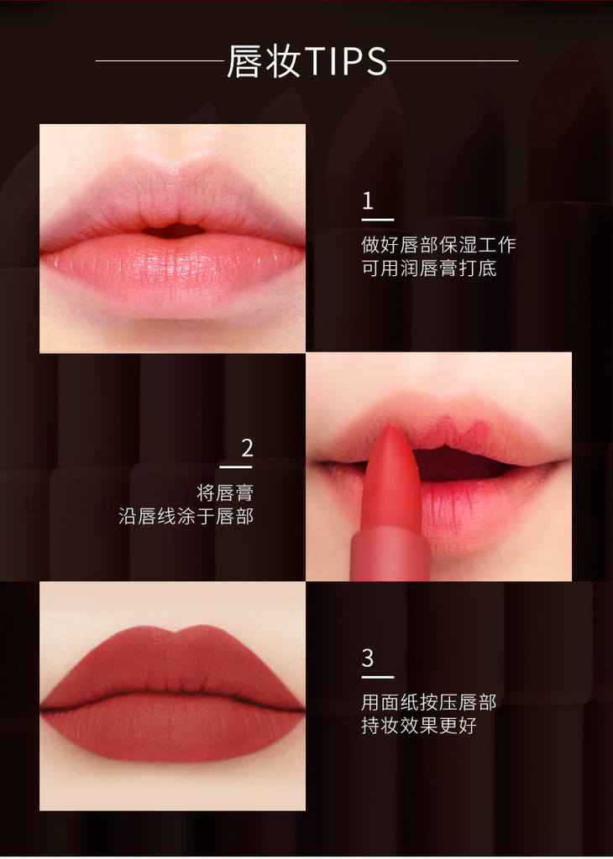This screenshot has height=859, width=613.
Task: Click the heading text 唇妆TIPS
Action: point(306,60)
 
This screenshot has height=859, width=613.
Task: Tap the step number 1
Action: point(368,201)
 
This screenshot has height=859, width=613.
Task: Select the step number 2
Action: point(247,448)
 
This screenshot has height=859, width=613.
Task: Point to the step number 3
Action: point(368,658)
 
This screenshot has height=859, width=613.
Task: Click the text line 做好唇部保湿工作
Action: point(438,245)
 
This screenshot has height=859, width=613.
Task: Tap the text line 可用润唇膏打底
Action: point(429,268)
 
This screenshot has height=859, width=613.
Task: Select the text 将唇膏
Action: point(225,492)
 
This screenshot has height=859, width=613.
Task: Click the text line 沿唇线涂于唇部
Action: point(186,516)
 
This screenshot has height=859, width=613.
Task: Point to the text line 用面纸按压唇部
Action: point(429,702)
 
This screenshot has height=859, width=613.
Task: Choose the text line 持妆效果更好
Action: point(419,726)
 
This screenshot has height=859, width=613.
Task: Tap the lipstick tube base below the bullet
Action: point(390,554)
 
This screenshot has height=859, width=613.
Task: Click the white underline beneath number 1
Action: point(378,220)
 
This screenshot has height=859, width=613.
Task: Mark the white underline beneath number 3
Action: point(378,678)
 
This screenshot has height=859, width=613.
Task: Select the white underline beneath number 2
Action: point(236,467)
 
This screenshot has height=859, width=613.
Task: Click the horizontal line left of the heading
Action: point(160,60)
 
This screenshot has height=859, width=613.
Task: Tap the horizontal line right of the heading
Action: point(453,60)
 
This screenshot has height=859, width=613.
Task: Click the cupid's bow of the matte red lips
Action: point(175,634)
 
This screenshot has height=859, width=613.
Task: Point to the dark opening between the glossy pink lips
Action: point(175,231)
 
